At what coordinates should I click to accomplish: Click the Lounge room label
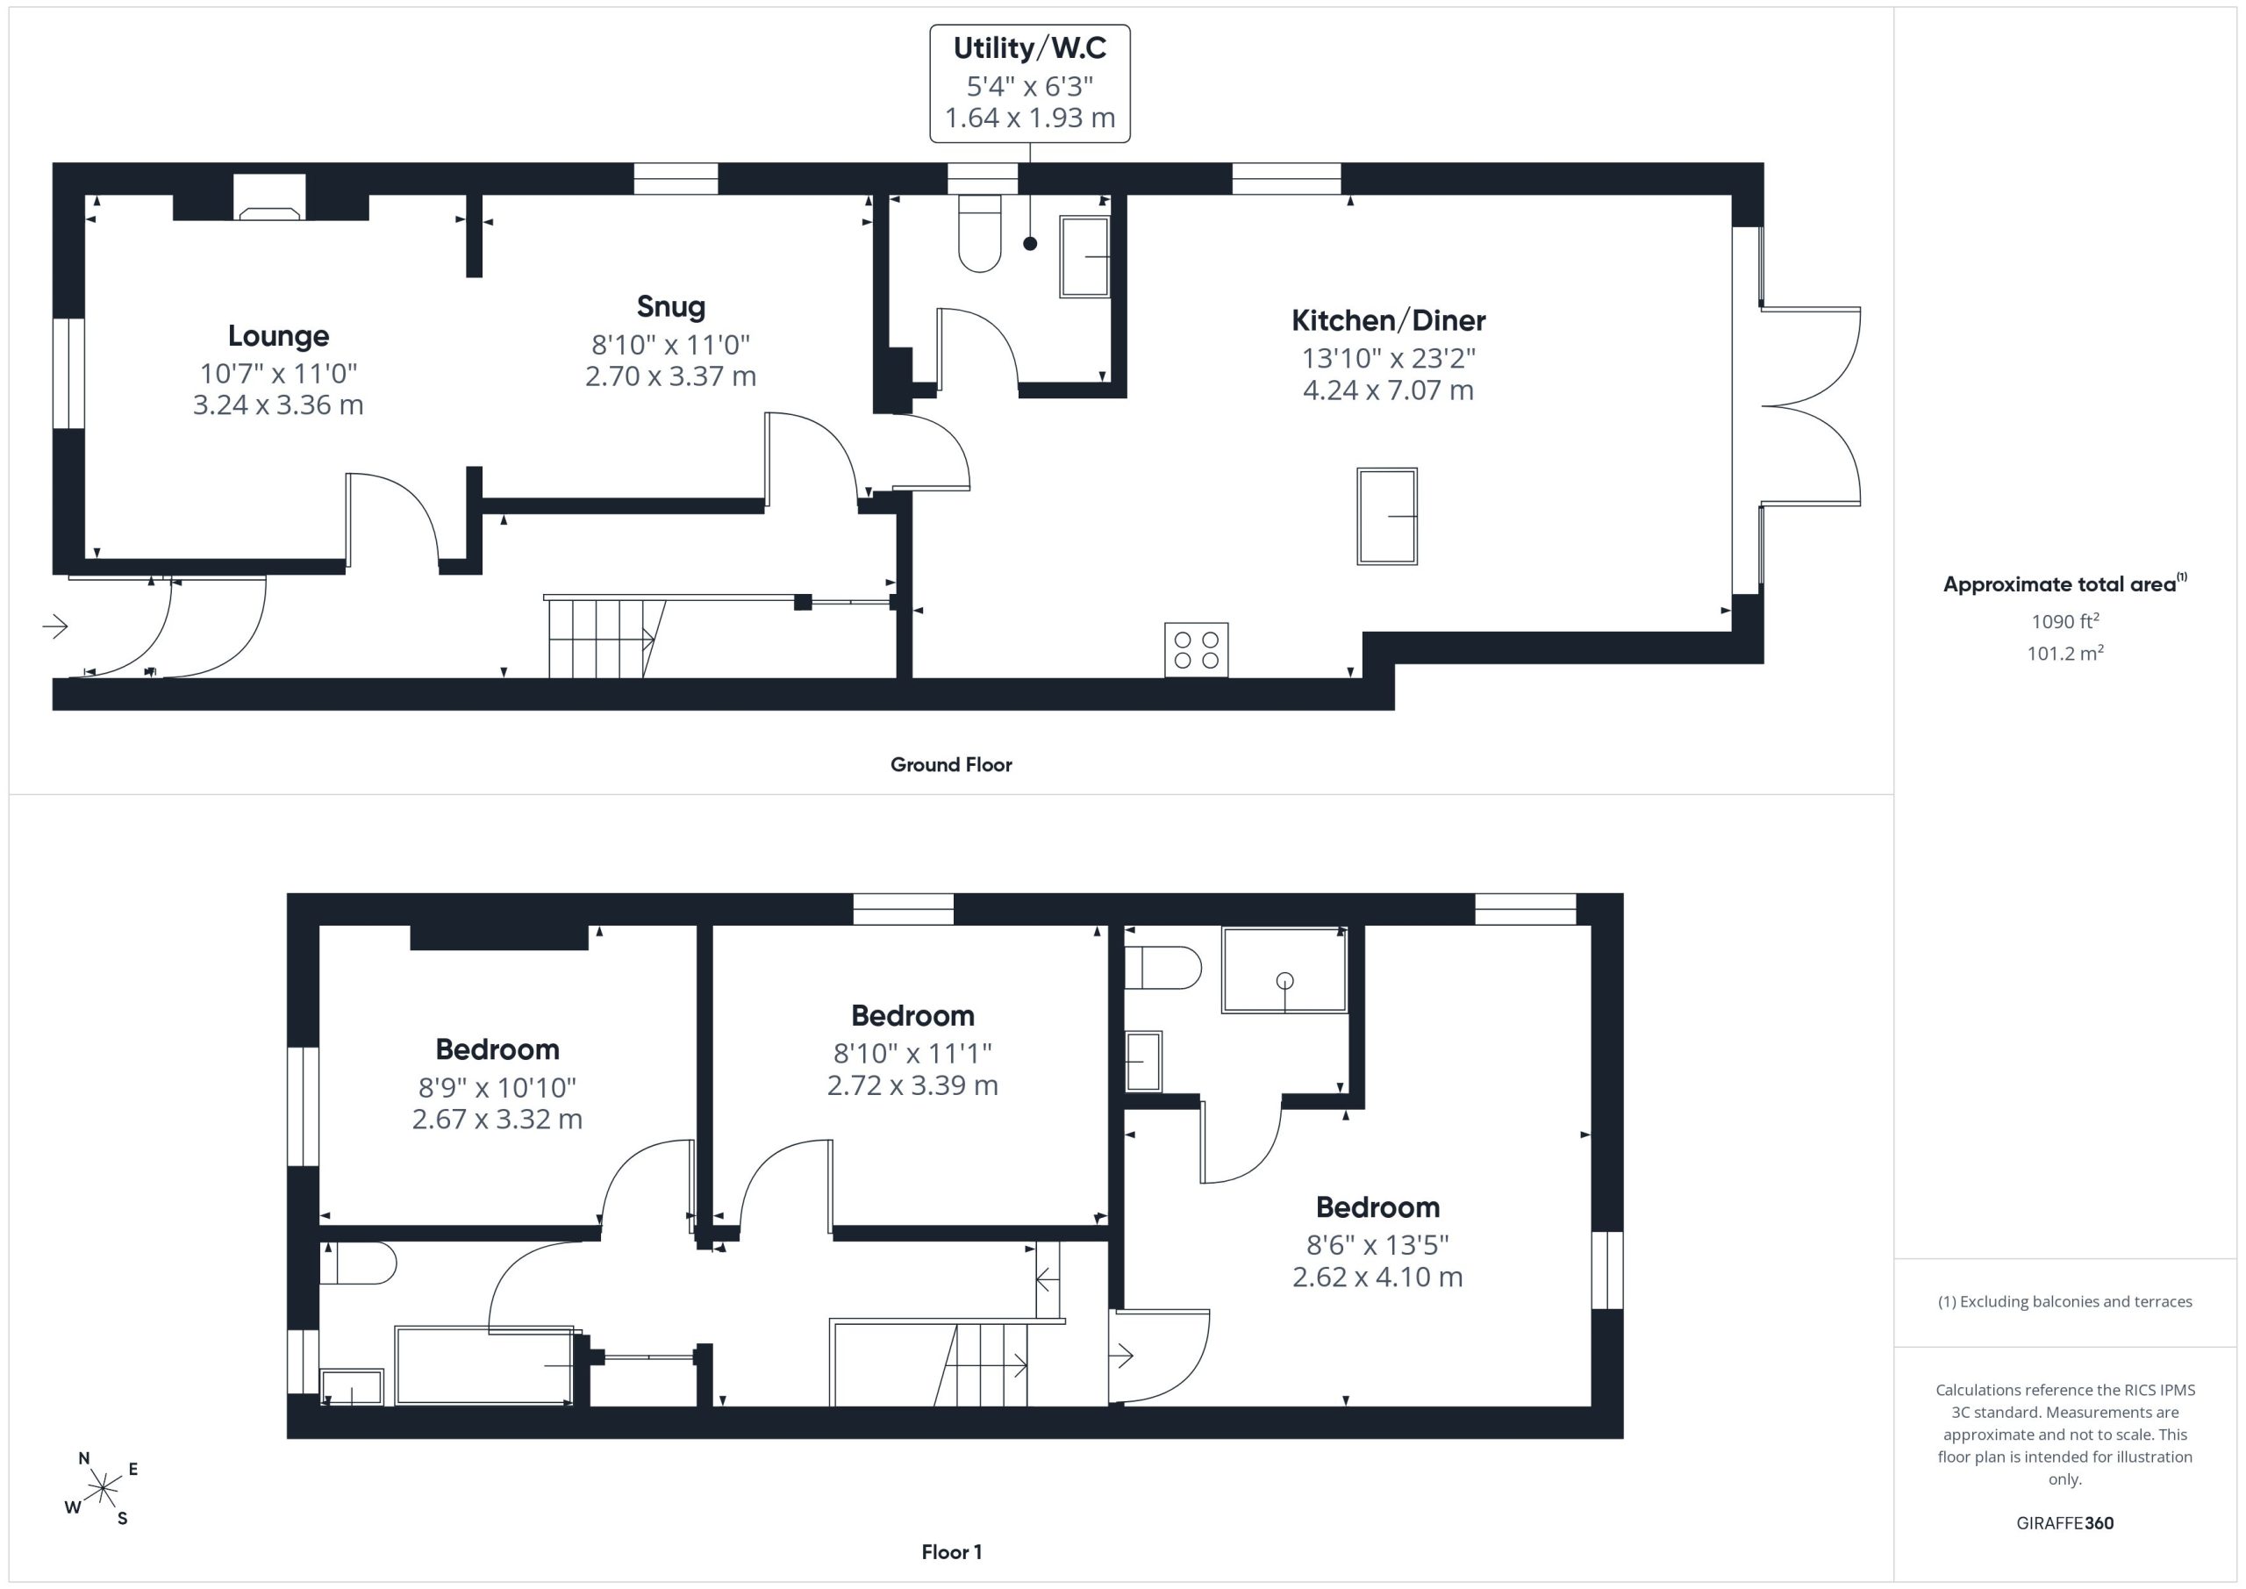278,335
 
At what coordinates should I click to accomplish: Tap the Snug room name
671,307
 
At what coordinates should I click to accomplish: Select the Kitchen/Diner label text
1388,320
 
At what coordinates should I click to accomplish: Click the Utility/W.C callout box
1030,83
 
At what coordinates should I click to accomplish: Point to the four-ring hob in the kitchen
1197,649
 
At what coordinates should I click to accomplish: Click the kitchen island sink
1387,516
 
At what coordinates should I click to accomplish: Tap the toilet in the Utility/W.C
980,233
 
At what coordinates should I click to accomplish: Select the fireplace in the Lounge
270,197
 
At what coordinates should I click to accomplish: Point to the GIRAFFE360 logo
2064,1523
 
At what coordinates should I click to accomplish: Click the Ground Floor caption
951,765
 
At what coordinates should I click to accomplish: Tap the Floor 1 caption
951,1553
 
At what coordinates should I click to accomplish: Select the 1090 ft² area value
2065,620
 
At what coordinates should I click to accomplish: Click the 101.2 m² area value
2065,653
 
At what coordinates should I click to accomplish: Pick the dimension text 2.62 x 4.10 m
1377,1277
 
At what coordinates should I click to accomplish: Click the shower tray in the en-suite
1284,970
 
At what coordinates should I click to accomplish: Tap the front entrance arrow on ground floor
54,626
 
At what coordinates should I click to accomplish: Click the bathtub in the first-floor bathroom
485,1366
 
